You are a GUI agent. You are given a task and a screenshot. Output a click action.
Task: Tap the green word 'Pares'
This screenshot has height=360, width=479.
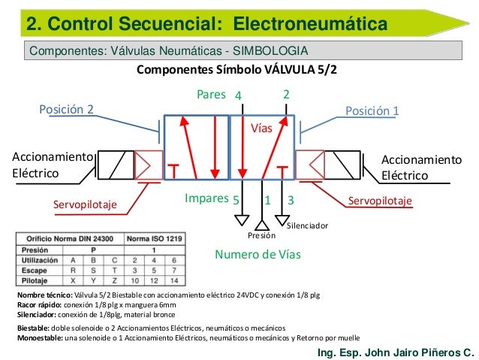[x=211, y=95]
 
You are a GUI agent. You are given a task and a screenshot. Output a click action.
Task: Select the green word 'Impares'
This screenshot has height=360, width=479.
[x=206, y=198]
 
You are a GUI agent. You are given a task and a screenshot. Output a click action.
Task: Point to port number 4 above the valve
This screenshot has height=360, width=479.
[x=238, y=96]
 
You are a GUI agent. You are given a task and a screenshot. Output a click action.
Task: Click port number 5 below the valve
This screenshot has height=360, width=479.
[x=235, y=201]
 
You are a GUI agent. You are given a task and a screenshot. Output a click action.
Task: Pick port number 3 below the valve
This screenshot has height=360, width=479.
[x=291, y=201]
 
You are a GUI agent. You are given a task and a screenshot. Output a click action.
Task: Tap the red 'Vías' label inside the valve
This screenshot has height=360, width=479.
[x=261, y=129]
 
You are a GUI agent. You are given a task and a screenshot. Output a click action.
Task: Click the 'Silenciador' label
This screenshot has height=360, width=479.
[x=308, y=225]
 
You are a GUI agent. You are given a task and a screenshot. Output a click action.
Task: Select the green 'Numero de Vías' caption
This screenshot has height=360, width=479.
[x=258, y=254]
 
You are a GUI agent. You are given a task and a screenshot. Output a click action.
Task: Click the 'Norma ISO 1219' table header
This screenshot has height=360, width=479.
[x=154, y=239]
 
